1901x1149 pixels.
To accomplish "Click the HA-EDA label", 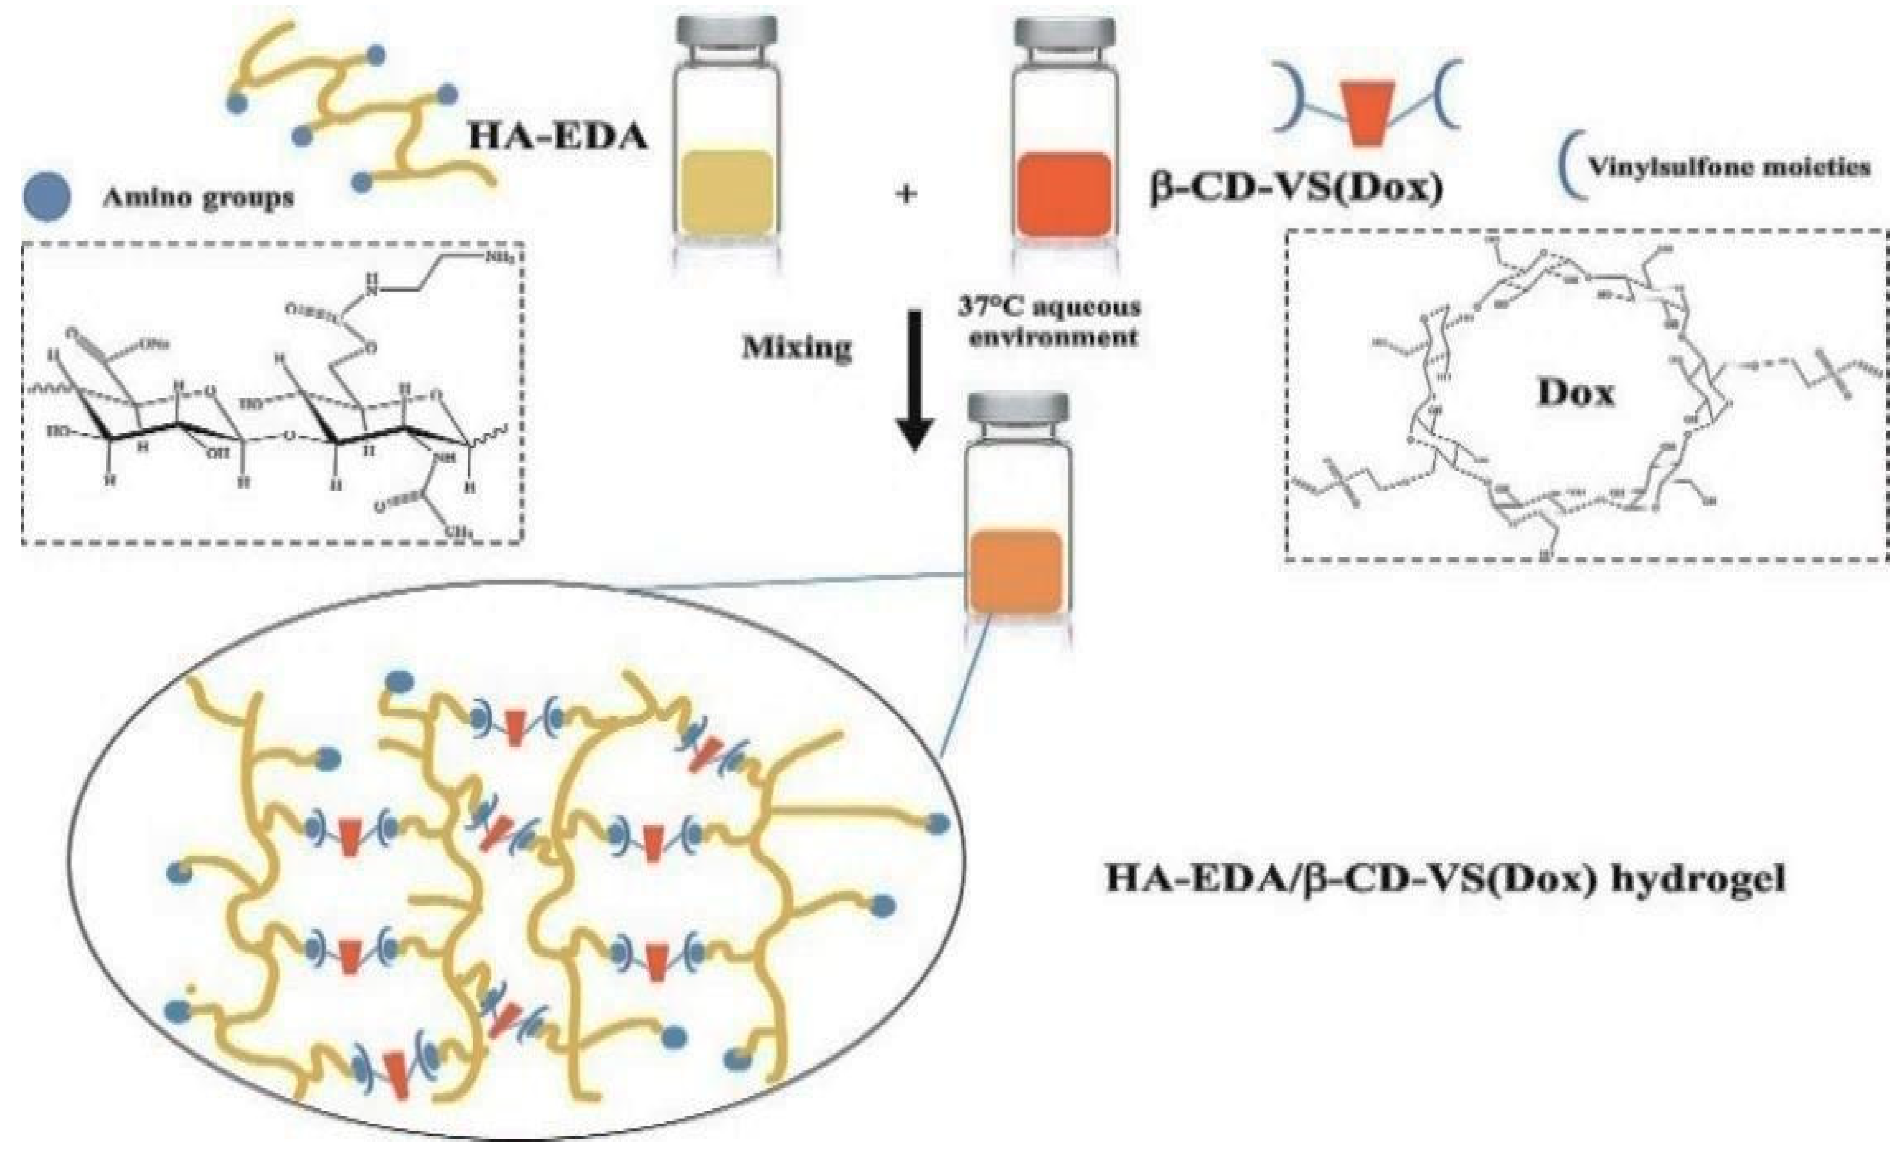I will click(558, 137).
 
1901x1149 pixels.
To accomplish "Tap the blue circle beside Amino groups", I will click(47, 197).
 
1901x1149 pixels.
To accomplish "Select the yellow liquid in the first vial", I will click(727, 193).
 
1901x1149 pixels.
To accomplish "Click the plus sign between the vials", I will click(906, 194).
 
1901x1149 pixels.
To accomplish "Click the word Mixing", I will click(796, 348).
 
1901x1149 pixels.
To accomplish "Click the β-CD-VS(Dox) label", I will click(1296, 189).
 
